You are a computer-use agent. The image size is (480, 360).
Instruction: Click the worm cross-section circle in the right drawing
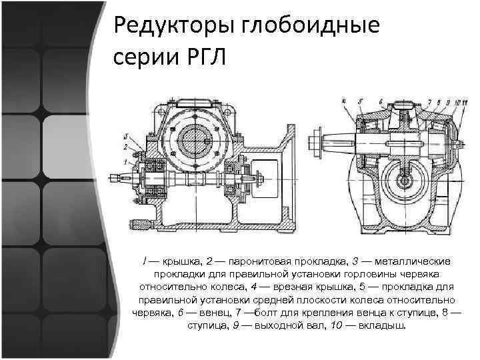404,179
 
